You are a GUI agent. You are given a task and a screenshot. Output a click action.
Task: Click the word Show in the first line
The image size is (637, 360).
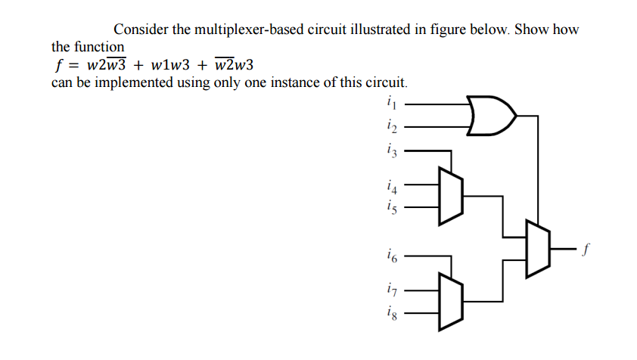pos(532,30)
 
